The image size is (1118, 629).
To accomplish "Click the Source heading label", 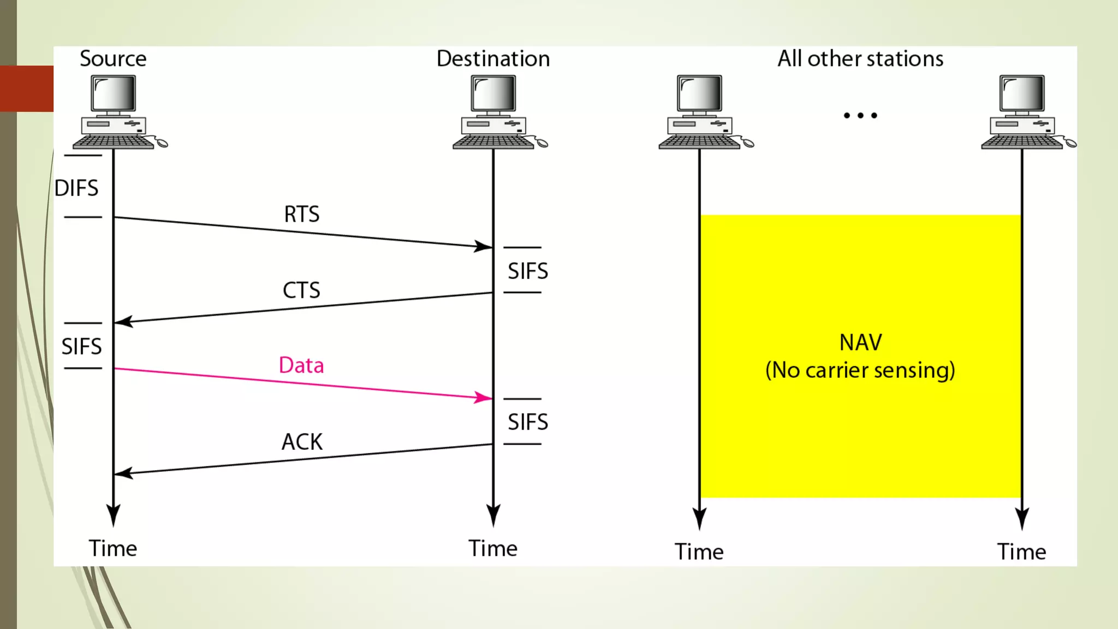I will tap(113, 59).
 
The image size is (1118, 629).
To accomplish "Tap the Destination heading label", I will tap(493, 59).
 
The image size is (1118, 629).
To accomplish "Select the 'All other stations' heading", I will tap(860, 59).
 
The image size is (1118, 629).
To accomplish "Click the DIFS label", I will tap(76, 188).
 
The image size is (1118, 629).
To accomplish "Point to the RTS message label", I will tap(301, 214).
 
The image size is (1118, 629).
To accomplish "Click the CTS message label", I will tap(301, 290).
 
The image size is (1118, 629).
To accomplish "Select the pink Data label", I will tap(301, 365).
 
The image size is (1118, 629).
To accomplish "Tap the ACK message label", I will tap(302, 442).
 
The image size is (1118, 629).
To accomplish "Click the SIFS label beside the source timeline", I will tap(81, 346).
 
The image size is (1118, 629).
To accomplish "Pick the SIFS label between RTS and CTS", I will tap(528, 271).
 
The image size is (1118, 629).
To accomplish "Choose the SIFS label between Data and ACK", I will tap(528, 422).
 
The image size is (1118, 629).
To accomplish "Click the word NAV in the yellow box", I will tap(860, 342).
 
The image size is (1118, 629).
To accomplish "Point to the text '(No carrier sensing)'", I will tap(860, 370).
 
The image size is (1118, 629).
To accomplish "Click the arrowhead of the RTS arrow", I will tap(484, 246).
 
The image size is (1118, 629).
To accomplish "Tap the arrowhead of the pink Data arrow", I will tap(484, 397).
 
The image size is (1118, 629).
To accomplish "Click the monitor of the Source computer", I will tap(114, 93).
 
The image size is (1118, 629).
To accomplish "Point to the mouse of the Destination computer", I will tap(542, 143).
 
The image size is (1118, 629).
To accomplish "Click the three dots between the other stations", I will tap(860, 115).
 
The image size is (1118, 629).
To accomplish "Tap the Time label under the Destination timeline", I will tap(493, 548).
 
